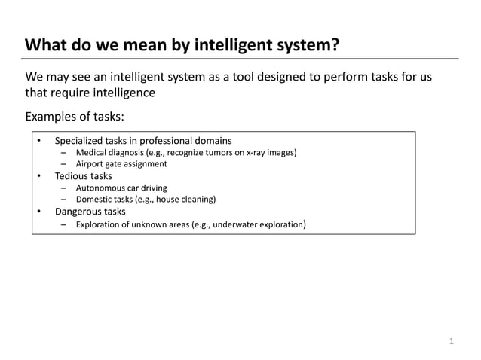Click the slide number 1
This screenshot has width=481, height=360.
pyautogui.click(x=452, y=341)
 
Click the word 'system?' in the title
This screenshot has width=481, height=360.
pyautogui.click(x=301, y=45)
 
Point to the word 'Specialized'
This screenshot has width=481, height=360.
pyautogui.click(x=80, y=141)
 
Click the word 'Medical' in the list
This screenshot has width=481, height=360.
pyautogui.click(x=93, y=153)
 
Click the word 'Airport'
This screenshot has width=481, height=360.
pyautogui.click(x=91, y=164)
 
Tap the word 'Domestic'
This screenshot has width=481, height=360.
pyautogui.click(x=95, y=200)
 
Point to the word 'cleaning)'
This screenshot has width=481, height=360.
pyautogui.click(x=198, y=200)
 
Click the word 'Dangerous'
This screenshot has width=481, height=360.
pyautogui.click(x=78, y=212)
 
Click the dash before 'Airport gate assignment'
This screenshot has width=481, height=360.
pyautogui.click(x=65, y=164)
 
